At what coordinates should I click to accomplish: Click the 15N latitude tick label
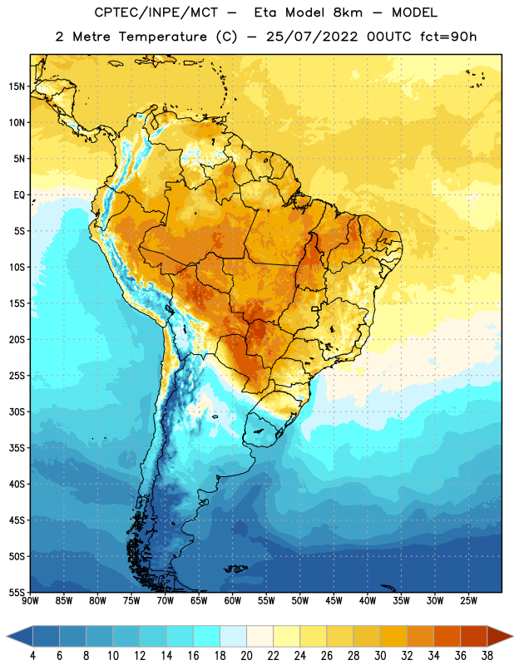(17, 86)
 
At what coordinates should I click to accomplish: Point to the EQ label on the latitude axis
(19, 195)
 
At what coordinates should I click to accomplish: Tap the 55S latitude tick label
(17, 593)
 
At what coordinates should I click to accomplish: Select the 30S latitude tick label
(17, 411)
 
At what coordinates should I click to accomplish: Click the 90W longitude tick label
(30, 600)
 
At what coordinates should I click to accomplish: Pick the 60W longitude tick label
(233, 600)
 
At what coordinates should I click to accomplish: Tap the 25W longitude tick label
(468, 600)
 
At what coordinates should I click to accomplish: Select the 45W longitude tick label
(334, 600)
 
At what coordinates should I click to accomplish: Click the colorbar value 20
(246, 656)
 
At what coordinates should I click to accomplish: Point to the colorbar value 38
(487, 656)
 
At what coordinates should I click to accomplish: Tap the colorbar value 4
(32, 656)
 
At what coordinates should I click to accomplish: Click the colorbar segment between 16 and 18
(207, 636)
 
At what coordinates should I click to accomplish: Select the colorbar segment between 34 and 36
(447, 636)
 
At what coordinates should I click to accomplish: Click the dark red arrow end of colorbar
(499, 636)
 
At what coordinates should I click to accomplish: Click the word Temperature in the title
(163, 37)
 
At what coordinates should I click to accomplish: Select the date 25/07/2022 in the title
(312, 37)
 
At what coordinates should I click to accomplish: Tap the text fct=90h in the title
(448, 37)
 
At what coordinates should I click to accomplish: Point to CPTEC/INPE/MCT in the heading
(156, 12)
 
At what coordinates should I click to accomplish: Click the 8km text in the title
(348, 12)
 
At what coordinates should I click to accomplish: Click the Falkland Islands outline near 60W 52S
(235, 569)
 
